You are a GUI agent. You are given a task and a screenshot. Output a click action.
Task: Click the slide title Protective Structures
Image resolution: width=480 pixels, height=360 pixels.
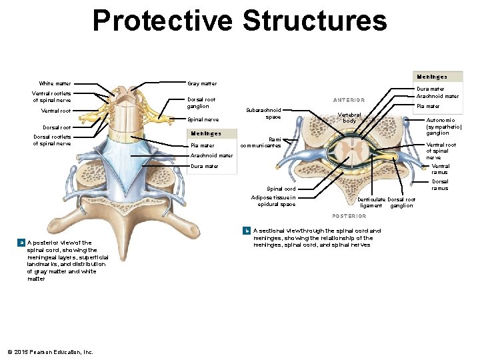pyautogui.click(x=239, y=21)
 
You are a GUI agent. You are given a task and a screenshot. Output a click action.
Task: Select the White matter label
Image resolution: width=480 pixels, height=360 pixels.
pyautogui.click(x=55, y=83)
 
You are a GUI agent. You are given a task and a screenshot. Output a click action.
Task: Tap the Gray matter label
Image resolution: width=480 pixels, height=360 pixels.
pyautogui.click(x=202, y=83)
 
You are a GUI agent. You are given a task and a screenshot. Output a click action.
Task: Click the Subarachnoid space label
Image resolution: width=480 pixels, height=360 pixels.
pyautogui.click(x=264, y=113)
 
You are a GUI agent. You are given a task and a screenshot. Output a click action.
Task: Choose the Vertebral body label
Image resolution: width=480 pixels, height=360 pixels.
pyautogui.click(x=349, y=117)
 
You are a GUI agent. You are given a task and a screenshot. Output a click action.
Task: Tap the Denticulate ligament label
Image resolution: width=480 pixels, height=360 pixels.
pyautogui.click(x=371, y=203)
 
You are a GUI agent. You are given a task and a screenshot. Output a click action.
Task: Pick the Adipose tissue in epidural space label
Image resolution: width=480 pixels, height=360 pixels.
pyautogui.click(x=273, y=201)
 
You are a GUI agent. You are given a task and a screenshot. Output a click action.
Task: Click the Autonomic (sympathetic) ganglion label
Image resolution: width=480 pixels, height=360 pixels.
pyautogui.click(x=444, y=127)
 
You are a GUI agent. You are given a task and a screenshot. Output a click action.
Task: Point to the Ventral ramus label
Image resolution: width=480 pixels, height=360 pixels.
pyautogui.click(x=440, y=169)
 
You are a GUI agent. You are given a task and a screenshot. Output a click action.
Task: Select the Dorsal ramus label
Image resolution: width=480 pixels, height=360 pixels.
pyautogui.click(x=440, y=185)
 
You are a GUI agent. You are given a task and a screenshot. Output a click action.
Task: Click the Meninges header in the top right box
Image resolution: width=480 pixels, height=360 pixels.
pyautogui.click(x=431, y=77)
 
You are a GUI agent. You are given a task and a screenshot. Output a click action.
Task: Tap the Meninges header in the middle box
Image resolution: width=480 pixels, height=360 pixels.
pyautogui.click(x=206, y=133)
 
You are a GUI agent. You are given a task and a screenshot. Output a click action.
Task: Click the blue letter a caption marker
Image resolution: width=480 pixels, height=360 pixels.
pyautogui.click(x=22, y=243)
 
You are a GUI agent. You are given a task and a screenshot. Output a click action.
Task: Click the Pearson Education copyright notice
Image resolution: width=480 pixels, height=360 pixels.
pyautogui.click(x=50, y=351)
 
